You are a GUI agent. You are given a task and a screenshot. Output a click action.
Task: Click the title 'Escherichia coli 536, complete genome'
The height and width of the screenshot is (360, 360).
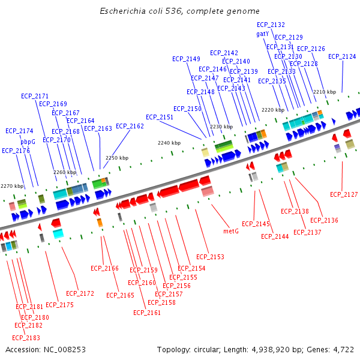[x=179, y=11]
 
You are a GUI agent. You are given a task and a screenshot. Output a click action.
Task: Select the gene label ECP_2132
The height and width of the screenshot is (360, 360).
[x=271, y=25]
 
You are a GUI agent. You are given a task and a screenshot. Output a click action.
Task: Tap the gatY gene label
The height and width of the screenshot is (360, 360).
[x=262, y=34]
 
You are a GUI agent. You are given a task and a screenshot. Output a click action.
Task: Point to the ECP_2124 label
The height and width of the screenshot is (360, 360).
[x=342, y=56]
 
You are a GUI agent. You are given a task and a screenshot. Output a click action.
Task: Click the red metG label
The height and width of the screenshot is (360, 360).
[x=231, y=230]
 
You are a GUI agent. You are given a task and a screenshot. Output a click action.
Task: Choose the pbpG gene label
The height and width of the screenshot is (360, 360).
[x=28, y=142]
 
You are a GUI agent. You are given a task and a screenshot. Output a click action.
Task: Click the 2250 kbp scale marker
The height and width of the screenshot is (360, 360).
[x=117, y=158]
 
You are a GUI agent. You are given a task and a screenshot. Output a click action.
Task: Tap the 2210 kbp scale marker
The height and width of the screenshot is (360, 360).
[x=324, y=92]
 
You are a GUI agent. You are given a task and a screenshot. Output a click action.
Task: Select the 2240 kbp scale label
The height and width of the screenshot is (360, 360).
[x=169, y=143]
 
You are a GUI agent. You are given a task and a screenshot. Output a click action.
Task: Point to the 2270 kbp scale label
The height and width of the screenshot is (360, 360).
[x=11, y=186]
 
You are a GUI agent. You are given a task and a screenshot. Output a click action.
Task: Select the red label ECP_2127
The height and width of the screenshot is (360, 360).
[x=344, y=194]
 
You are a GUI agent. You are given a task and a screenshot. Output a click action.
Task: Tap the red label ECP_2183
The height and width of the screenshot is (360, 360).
[x=26, y=338]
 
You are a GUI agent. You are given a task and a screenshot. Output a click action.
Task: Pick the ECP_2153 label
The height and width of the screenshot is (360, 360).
[x=210, y=257]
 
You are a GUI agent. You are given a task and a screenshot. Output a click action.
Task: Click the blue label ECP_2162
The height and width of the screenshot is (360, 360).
[x=130, y=126]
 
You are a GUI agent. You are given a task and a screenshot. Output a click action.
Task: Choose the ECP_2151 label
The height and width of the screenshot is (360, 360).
[x=160, y=117]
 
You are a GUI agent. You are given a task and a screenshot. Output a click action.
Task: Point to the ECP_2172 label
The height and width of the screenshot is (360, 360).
[x=80, y=293]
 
